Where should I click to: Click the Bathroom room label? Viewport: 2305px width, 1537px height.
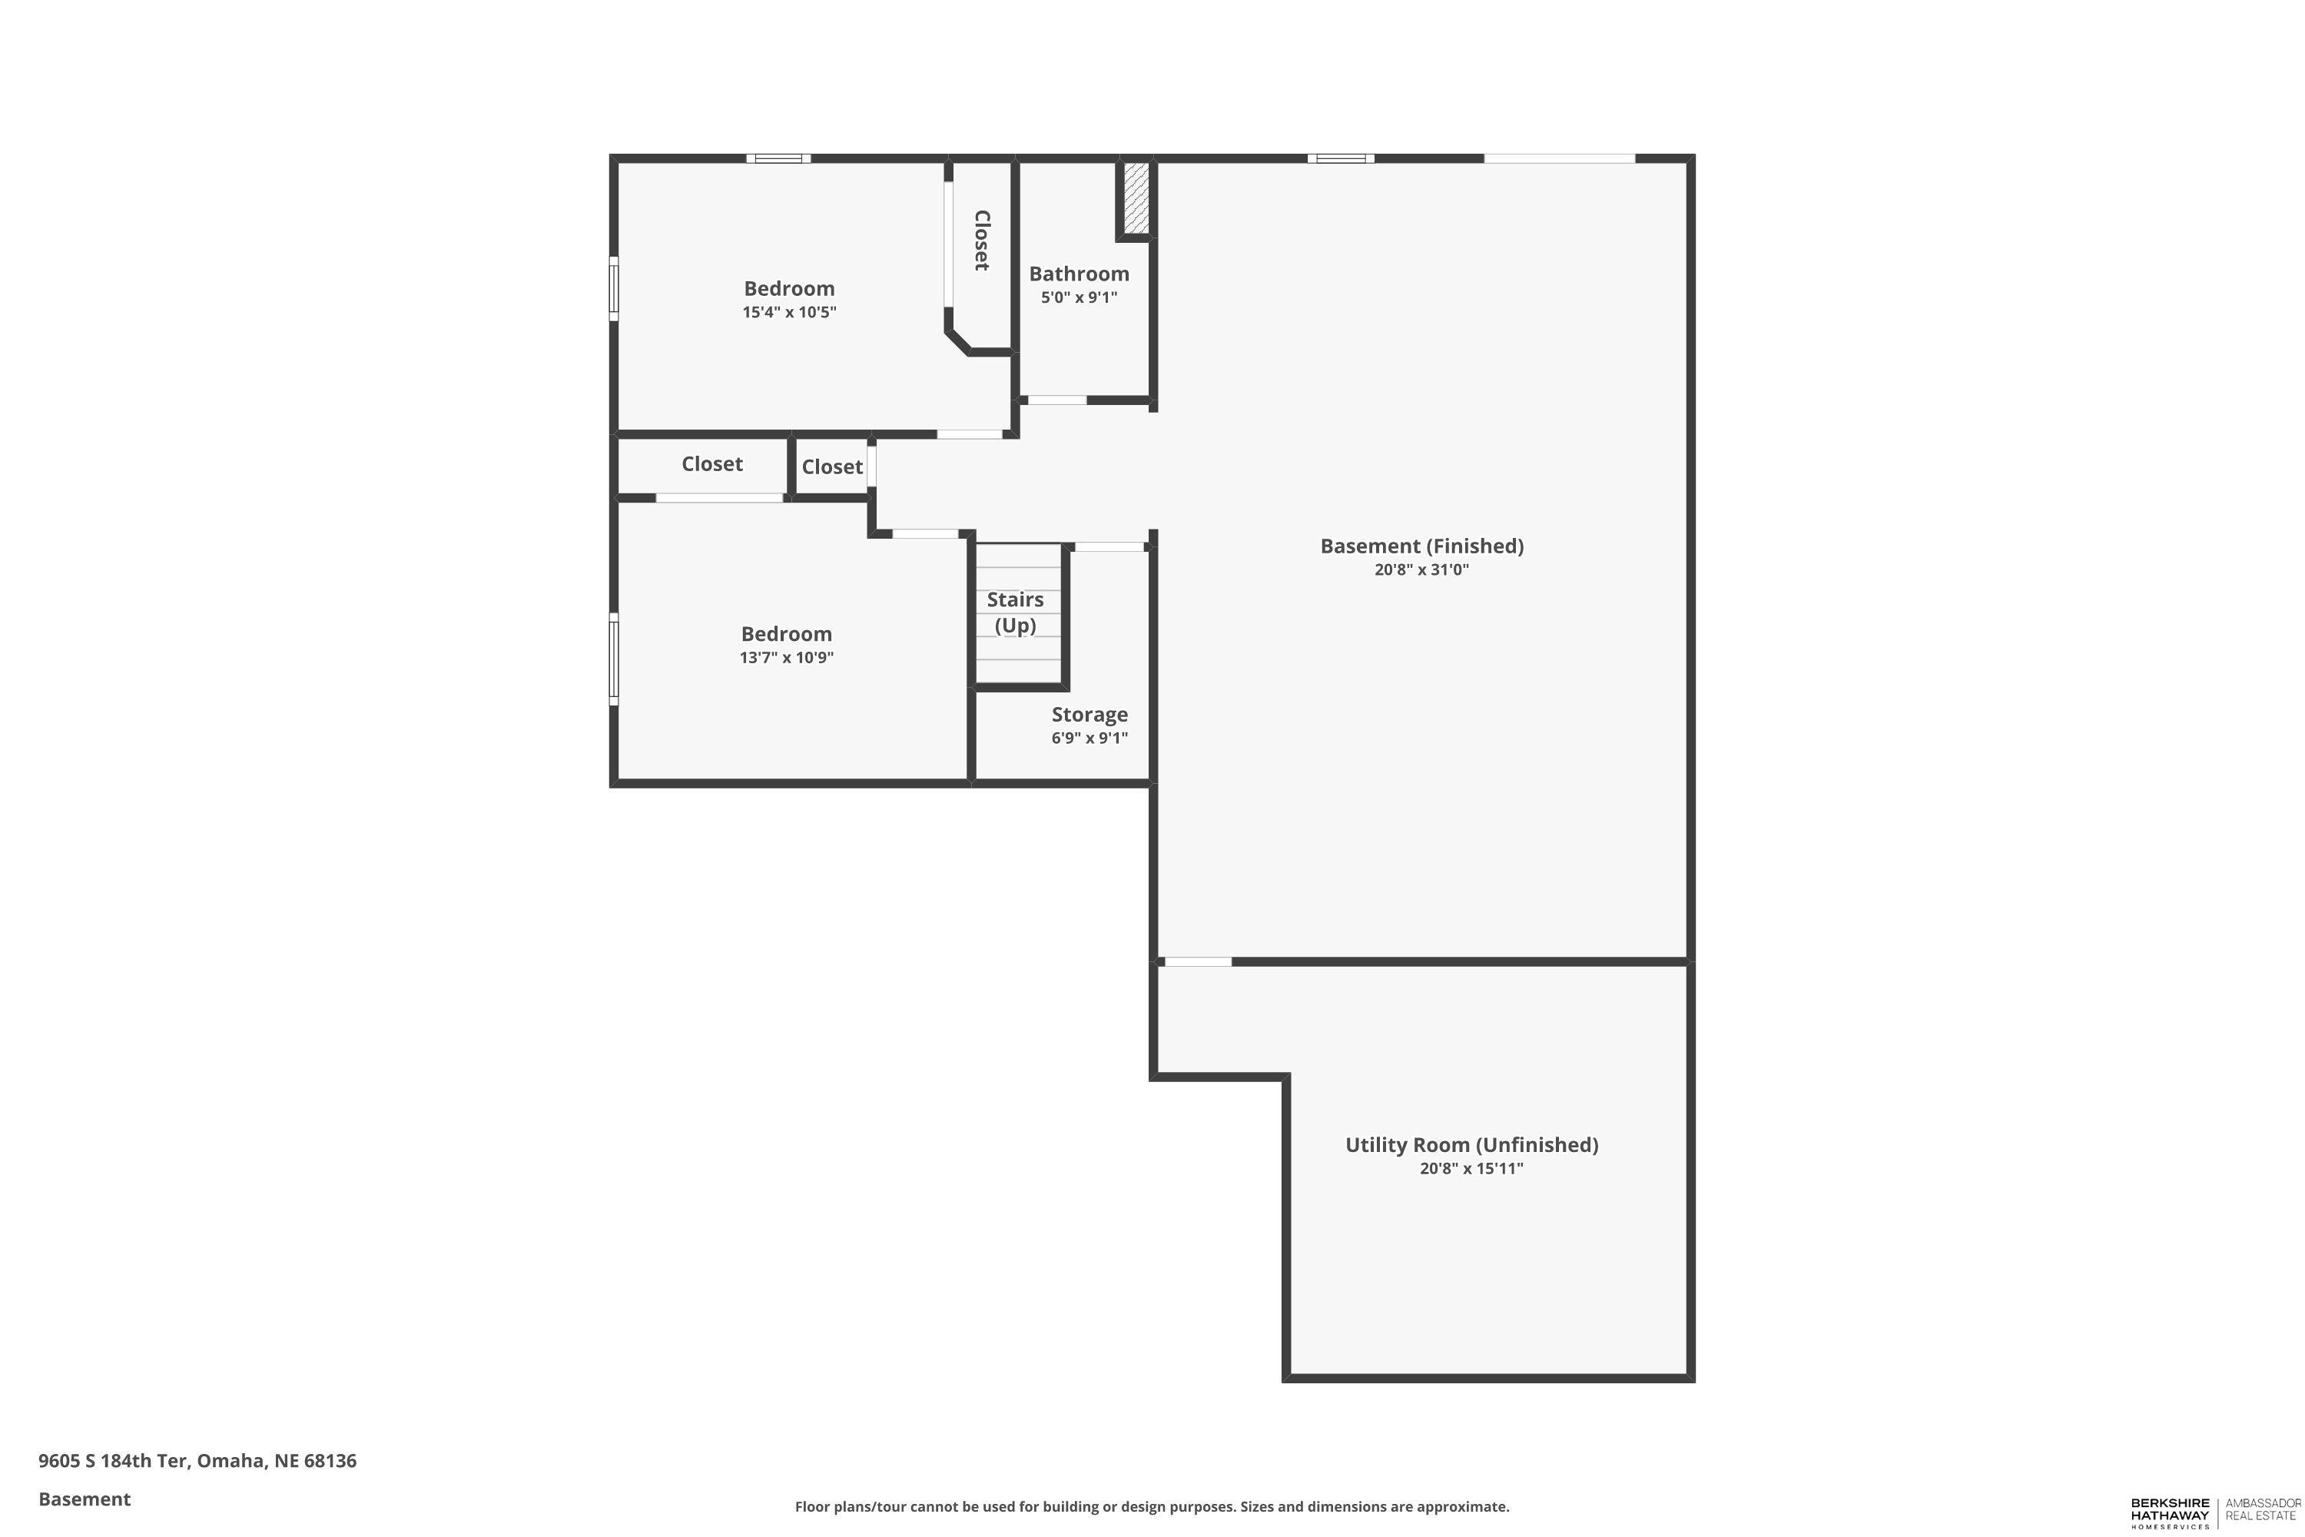(x=1078, y=274)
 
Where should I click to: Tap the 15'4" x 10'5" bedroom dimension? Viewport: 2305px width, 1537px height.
(x=789, y=313)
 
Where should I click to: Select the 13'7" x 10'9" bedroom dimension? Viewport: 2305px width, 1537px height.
(x=786, y=658)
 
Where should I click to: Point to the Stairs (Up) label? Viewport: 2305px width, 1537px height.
(x=1015, y=612)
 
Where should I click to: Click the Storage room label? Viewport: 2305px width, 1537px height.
(x=1089, y=715)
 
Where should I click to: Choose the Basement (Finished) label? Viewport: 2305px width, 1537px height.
(x=1421, y=546)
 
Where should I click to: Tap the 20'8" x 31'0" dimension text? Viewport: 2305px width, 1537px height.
(x=1421, y=569)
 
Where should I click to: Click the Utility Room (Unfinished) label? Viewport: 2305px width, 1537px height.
(x=1471, y=1145)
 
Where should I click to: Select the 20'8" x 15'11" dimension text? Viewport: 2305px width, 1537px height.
(x=1471, y=1168)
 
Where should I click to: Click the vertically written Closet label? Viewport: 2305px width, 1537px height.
(x=981, y=240)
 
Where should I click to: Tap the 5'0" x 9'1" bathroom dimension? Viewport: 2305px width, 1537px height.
(x=1078, y=297)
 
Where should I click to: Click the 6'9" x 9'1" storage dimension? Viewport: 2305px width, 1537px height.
(x=1089, y=738)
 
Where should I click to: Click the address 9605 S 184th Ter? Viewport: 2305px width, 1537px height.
(x=197, y=1461)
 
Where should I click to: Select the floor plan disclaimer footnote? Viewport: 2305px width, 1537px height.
(x=1152, y=1506)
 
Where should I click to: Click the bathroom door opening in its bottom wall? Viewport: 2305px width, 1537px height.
(x=1056, y=400)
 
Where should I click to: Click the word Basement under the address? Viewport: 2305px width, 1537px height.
(x=85, y=1499)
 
